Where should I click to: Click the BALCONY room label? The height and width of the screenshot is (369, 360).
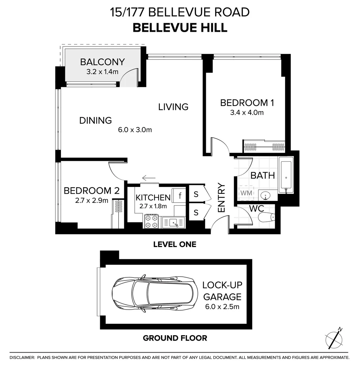[x=102, y=62]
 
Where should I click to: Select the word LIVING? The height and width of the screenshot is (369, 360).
[x=173, y=107]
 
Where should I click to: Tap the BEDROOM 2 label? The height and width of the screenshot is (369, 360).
[x=91, y=191]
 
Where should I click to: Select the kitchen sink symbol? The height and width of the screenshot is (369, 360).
[x=174, y=222]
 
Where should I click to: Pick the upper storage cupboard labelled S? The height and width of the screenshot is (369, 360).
[x=196, y=194]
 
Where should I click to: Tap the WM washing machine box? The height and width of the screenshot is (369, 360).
[x=246, y=193]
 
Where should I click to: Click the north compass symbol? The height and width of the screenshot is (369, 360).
[x=334, y=338]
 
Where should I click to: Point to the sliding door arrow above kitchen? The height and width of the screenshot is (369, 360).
[x=149, y=178]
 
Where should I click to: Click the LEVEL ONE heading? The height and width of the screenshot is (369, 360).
[x=175, y=244]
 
